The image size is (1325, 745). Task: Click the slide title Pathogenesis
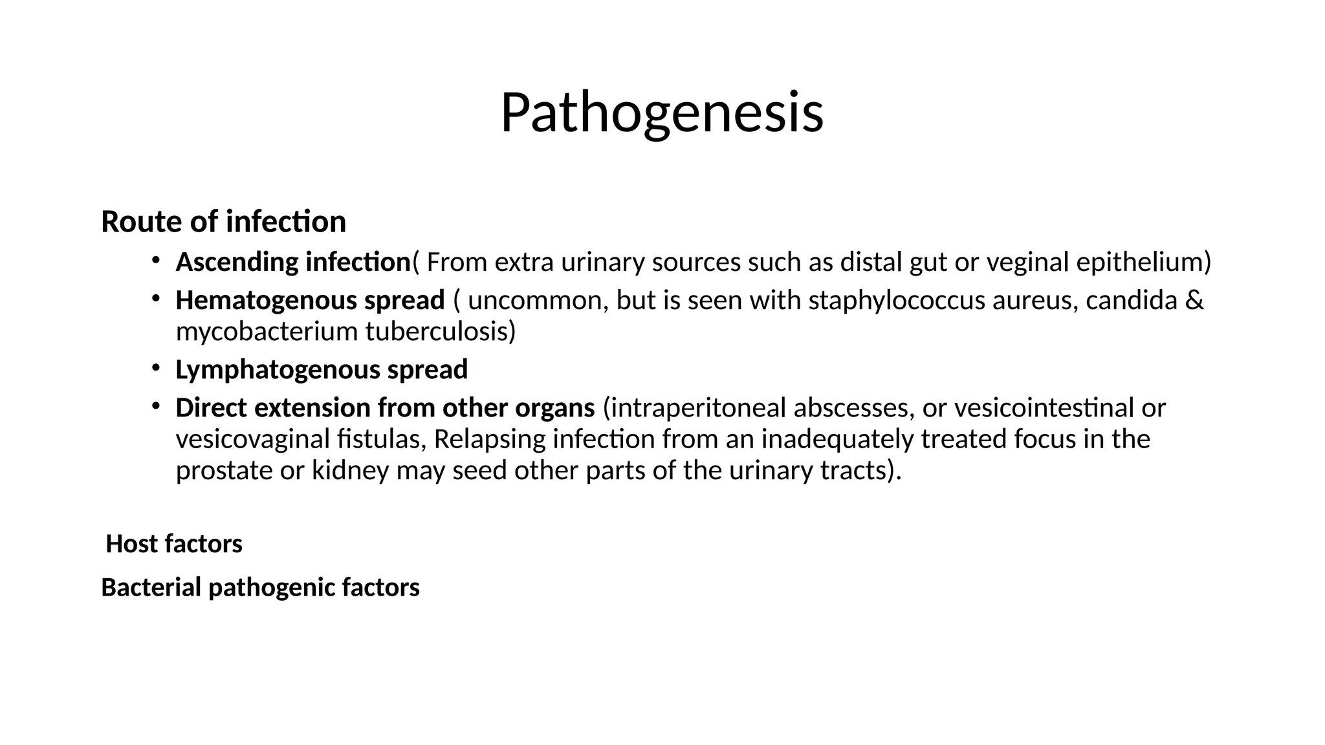pyautogui.click(x=662, y=113)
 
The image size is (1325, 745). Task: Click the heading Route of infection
pyautogui.click(x=223, y=222)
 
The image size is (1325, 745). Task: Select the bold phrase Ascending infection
pyautogui.click(x=293, y=263)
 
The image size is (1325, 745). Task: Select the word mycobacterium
pyautogui.click(x=267, y=332)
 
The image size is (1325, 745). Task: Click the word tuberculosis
pyautogui.click(x=440, y=332)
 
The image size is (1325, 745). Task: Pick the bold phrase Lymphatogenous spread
pyautogui.click(x=322, y=370)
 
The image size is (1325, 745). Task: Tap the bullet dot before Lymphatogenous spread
pyautogui.click(x=155, y=368)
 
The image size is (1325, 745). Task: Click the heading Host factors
pyautogui.click(x=174, y=544)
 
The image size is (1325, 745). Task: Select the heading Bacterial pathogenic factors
pyautogui.click(x=260, y=588)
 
